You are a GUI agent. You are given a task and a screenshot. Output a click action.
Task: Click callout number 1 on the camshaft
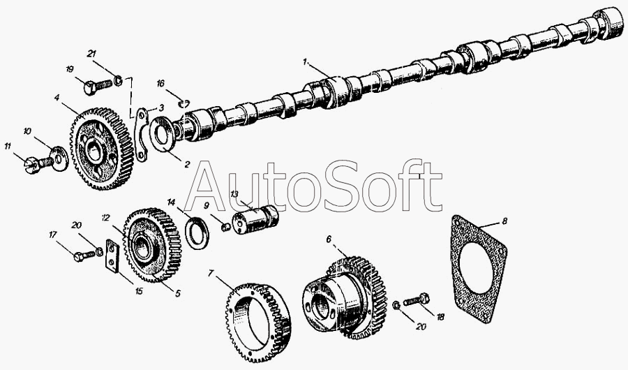(x=305, y=62)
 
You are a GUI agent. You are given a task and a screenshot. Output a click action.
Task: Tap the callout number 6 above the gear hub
(x=329, y=239)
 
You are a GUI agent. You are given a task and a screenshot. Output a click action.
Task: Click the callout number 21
(x=91, y=53)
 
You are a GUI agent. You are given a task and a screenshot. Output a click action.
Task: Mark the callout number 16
(x=160, y=84)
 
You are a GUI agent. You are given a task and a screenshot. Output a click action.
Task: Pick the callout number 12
(x=105, y=218)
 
